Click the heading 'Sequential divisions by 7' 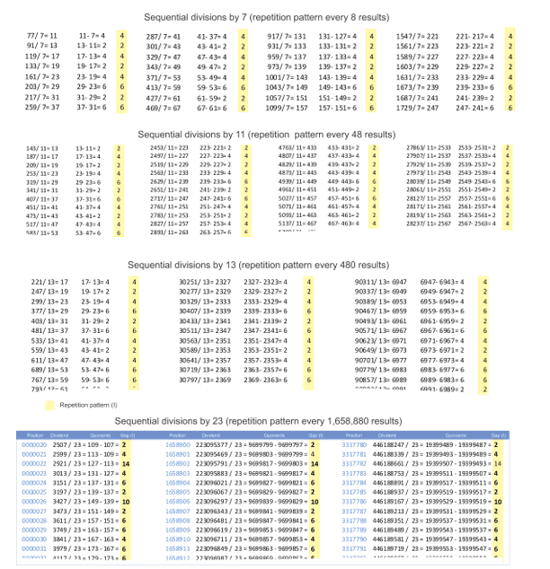(274, 17)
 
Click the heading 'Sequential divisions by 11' (274, 132)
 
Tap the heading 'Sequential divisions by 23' (274, 420)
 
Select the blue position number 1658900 (180, 443)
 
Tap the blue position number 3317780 (353, 443)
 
